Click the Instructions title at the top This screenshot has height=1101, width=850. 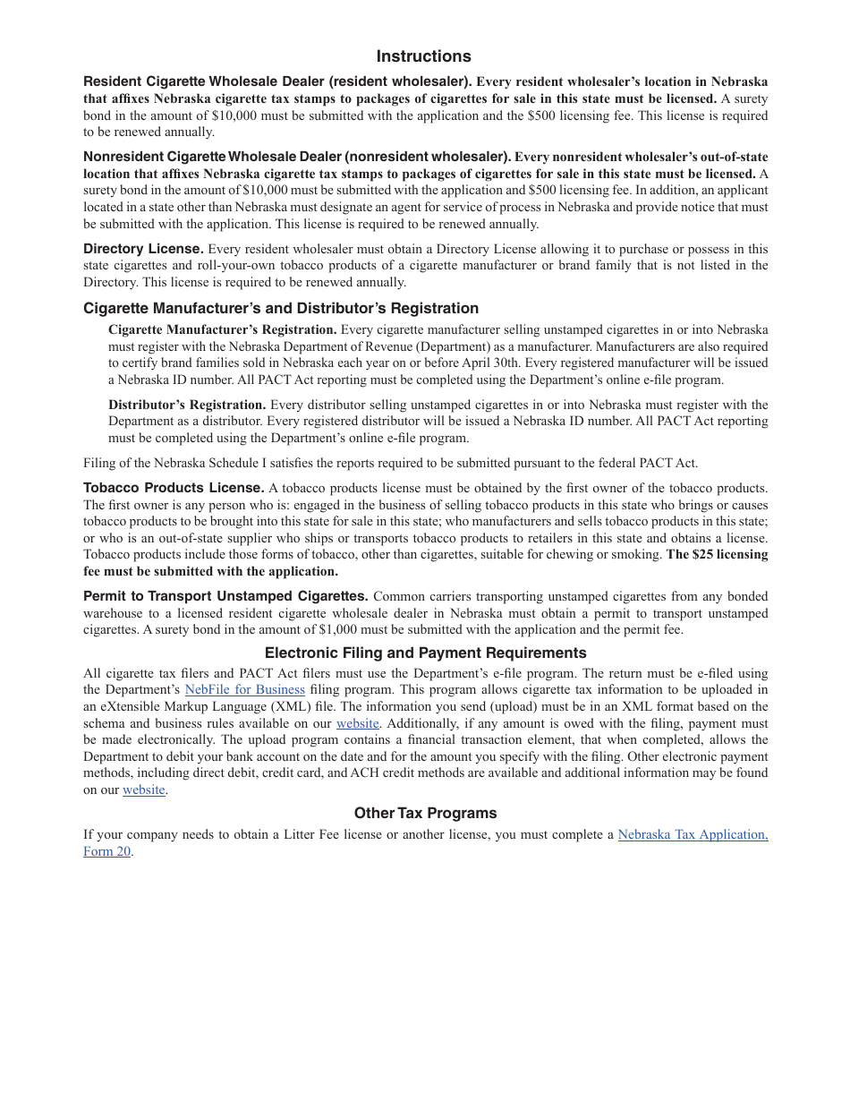(x=423, y=56)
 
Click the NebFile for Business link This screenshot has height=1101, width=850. (x=244, y=689)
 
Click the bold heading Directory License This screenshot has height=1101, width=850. (x=143, y=249)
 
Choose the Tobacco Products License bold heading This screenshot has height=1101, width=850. (x=174, y=488)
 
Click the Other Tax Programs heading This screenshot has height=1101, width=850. (x=425, y=813)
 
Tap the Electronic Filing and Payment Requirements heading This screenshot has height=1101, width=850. (x=425, y=653)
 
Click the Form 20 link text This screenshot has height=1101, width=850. (x=107, y=851)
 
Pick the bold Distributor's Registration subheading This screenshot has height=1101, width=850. (x=187, y=405)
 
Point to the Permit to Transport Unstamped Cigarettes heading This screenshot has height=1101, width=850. (x=225, y=596)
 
